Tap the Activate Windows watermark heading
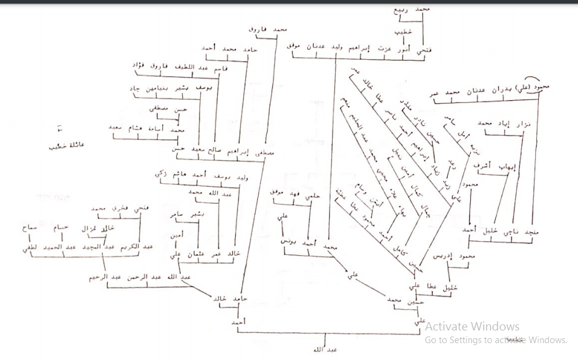click(x=472, y=326)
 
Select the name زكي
click(x=160, y=173)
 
